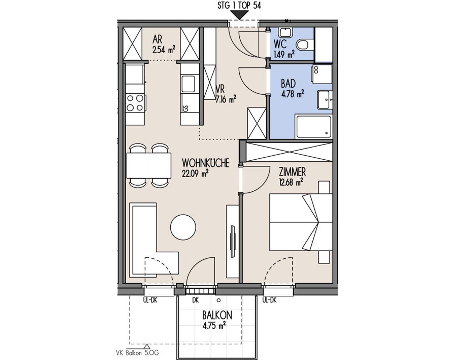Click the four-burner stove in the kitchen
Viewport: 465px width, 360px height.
(135, 103)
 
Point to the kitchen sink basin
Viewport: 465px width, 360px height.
(188, 84)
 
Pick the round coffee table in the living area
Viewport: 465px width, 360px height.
(183, 227)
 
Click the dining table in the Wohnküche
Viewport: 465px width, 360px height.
(149, 165)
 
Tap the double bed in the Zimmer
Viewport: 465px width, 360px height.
(301, 222)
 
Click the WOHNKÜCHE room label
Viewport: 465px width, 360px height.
(206, 163)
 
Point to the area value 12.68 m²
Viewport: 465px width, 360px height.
(291, 182)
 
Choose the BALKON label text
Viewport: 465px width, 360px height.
(217, 315)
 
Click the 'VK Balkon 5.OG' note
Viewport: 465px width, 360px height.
(137, 353)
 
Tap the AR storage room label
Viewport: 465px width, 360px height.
(157, 39)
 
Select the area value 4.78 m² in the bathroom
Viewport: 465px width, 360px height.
(293, 94)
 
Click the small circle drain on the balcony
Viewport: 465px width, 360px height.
(219, 300)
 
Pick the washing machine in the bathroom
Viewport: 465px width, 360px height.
(322, 74)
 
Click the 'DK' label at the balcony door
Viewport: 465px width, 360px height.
(196, 300)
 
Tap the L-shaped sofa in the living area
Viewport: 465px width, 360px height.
(148, 242)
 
